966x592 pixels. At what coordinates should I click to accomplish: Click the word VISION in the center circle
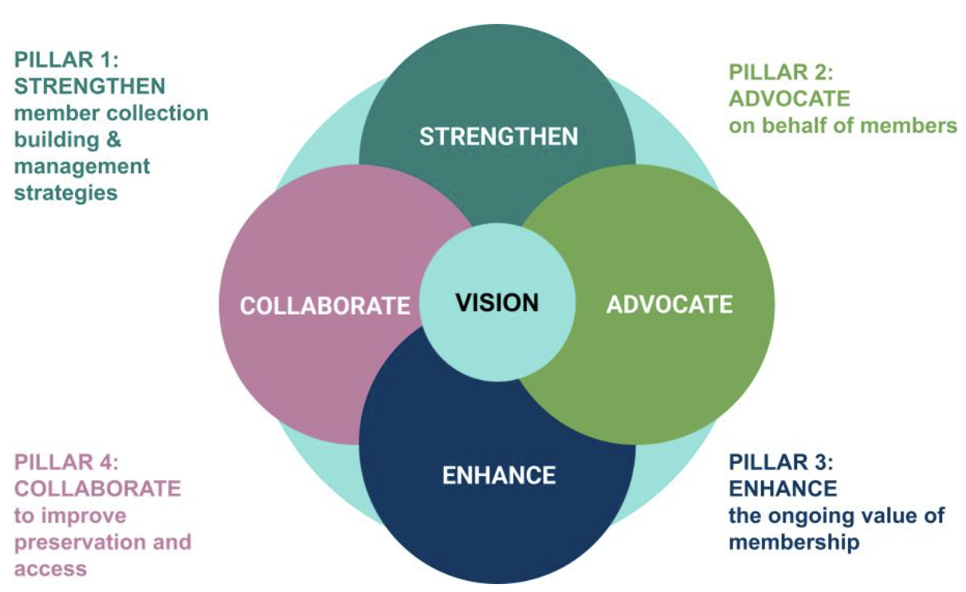tap(497, 303)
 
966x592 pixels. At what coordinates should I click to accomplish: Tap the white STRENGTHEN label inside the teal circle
tap(498, 136)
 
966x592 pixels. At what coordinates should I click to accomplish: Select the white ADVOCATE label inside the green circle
tap(669, 304)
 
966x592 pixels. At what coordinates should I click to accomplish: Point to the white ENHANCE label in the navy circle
tap(498, 476)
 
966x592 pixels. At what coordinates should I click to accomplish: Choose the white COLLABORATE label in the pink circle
tap(324, 306)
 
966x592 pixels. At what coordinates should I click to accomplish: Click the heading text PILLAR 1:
tap(66, 60)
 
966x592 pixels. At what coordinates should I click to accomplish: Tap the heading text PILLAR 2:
tap(780, 73)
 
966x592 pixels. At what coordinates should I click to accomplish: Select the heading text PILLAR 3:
tap(780, 463)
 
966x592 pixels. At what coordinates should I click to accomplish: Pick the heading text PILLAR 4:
tap(66, 462)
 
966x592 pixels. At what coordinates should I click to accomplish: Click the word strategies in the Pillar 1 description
tap(66, 192)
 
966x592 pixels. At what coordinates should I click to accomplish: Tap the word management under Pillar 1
tap(82, 166)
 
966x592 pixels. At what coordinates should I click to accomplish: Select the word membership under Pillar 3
tap(794, 543)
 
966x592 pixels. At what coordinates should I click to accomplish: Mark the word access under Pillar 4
tap(50, 569)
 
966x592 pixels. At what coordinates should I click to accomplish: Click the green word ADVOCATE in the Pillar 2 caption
tap(789, 99)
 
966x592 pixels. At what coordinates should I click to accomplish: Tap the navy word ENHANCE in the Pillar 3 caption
tap(783, 488)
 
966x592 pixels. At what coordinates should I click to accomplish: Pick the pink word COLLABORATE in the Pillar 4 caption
tap(97, 488)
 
